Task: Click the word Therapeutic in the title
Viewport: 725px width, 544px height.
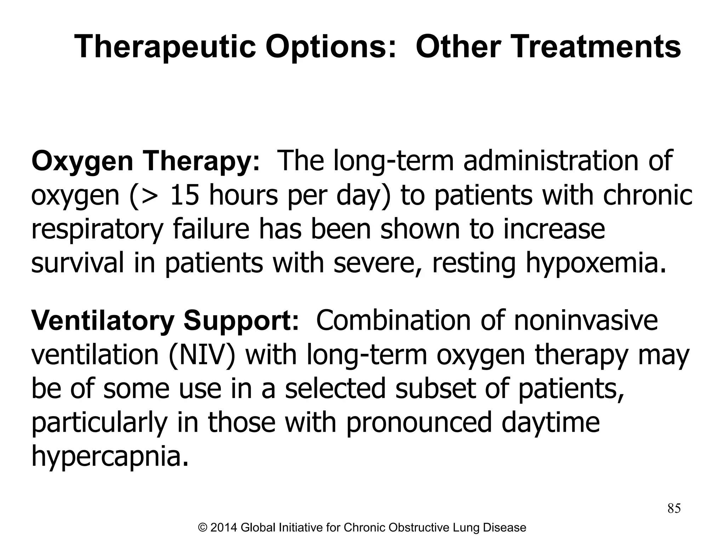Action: (165, 47)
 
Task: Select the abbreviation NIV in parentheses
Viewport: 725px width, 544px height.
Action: (202, 355)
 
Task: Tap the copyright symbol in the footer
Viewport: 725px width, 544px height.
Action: (203, 528)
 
